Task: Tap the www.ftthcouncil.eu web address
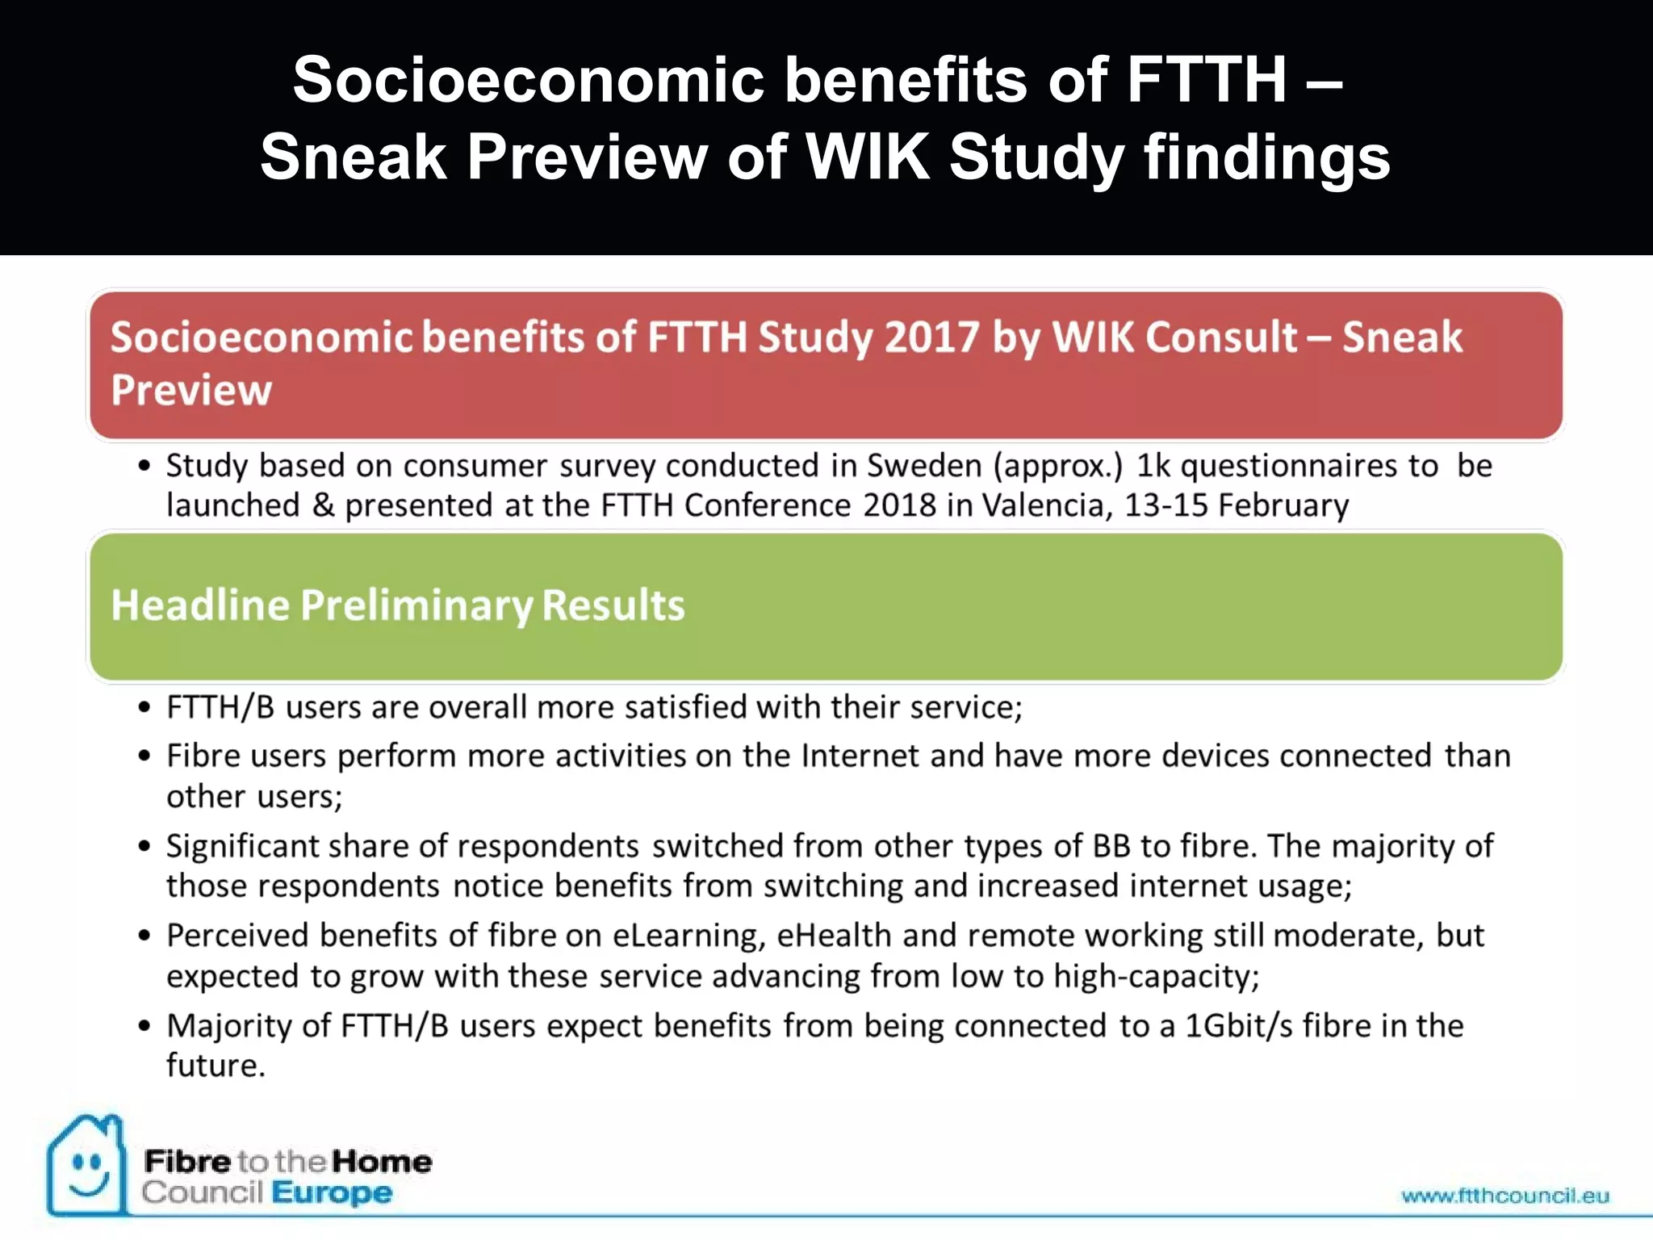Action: tap(1505, 1196)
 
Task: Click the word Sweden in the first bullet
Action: tap(923, 466)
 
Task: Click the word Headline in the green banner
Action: tap(200, 605)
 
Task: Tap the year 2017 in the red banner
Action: tap(931, 337)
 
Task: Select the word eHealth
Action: tap(834, 936)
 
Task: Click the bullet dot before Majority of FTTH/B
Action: tap(144, 1026)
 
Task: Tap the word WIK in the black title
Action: tap(868, 157)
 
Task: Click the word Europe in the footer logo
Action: tap(332, 1192)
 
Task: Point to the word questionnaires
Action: tap(1289, 466)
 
